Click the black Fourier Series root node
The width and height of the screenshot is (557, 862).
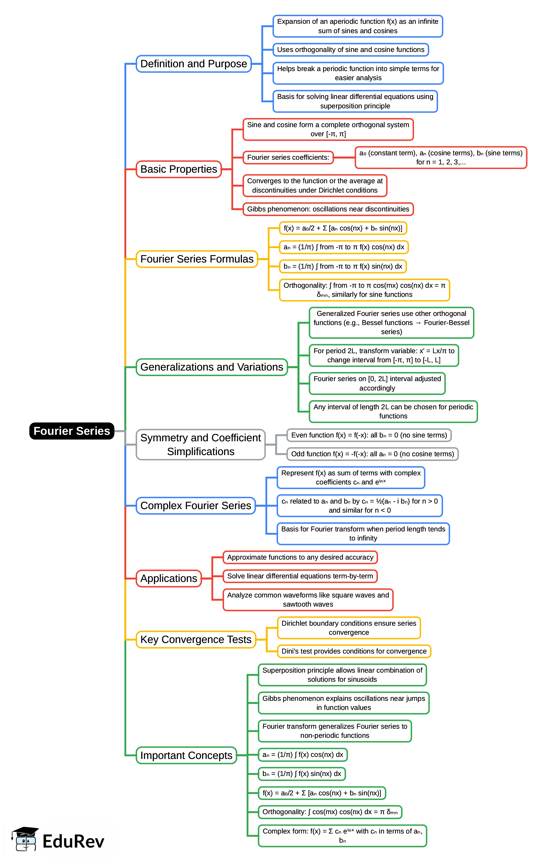click(72, 431)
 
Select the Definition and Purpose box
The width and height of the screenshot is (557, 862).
click(193, 64)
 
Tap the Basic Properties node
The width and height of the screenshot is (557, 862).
click(179, 169)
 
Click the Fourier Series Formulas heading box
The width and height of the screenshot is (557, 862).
click(197, 259)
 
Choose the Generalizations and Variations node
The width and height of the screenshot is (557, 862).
click(212, 367)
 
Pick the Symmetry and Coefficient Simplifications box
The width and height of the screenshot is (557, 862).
click(201, 445)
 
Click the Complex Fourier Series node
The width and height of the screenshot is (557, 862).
click(196, 506)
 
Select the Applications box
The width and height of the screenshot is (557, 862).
click(169, 578)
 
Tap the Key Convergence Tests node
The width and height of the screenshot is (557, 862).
click(196, 640)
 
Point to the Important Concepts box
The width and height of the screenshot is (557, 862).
click(186, 755)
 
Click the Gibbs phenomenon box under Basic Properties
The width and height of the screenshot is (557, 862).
click(328, 209)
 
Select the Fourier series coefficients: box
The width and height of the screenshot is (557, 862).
click(288, 157)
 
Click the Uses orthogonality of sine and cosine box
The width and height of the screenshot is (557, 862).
click(351, 50)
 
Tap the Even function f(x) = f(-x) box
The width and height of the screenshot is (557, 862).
click(369, 435)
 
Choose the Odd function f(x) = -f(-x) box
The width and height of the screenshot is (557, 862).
click(373, 454)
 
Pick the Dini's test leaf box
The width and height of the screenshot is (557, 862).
click(354, 651)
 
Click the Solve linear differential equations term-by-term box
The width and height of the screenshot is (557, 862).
click(300, 576)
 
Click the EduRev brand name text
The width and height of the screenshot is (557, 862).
click(73, 841)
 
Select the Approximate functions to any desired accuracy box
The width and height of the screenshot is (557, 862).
click(300, 557)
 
